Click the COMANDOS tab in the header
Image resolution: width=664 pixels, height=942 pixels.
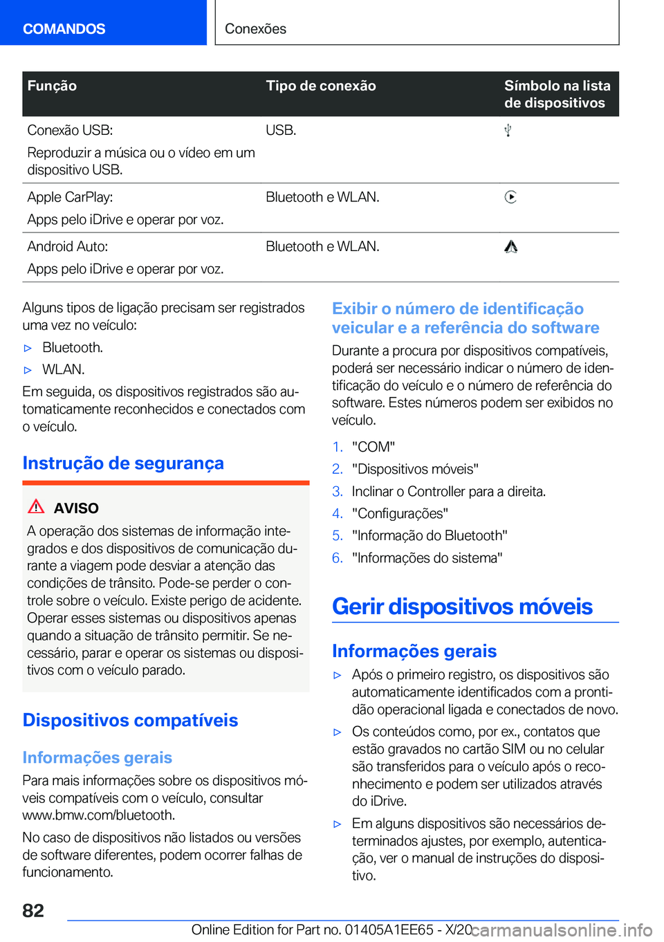[x=64, y=28]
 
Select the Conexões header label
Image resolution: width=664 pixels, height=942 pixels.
[x=255, y=28]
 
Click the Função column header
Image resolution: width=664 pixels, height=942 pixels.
[x=52, y=86]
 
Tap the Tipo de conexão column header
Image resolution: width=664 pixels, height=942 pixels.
[x=320, y=86]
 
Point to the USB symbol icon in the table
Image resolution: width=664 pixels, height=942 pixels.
[x=508, y=130]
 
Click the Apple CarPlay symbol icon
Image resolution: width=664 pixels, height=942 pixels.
[x=510, y=197]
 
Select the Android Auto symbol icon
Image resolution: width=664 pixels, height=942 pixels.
[x=510, y=247]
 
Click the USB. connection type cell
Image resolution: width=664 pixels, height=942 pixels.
[x=281, y=130]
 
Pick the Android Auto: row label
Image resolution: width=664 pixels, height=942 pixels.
[x=67, y=246]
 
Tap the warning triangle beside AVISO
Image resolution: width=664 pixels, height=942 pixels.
[x=36, y=507]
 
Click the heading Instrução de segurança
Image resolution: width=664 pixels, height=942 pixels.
[x=123, y=463]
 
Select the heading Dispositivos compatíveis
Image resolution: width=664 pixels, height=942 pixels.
[x=130, y=720]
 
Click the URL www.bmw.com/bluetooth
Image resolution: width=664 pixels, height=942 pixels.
[x=98, y=815]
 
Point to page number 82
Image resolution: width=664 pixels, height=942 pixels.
[x=33, y=910]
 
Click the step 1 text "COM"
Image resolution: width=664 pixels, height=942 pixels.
[x=373, y=447]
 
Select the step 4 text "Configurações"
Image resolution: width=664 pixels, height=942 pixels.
[x=400, y=513]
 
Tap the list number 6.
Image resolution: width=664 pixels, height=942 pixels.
[x=338, y=557]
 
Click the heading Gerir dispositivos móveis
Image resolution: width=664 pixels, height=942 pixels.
[x=462, y=607]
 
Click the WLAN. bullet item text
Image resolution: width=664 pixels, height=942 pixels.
[x=63, y=369]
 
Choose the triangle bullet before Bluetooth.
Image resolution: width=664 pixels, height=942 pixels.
[x=28, y=348]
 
